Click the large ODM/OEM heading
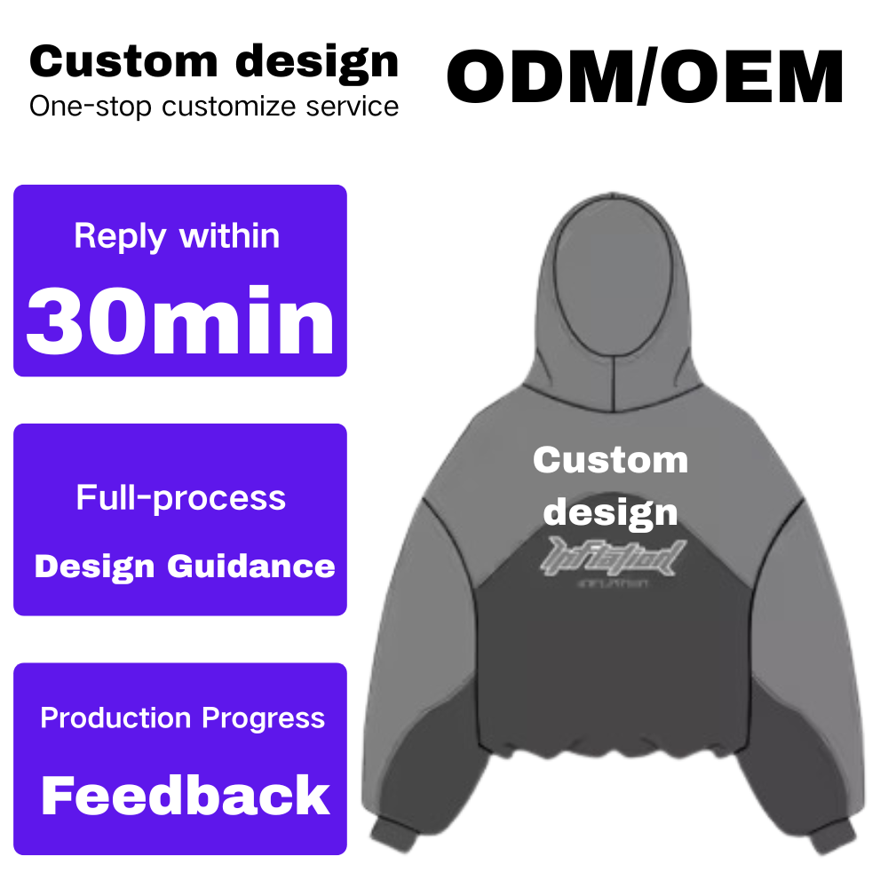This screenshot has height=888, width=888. tap(645, 77)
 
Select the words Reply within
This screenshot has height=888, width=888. tap(177, 236)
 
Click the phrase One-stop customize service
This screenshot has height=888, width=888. tap(214, 107)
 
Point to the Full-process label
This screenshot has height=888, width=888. tap(181, 497)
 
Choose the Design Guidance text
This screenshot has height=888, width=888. tap(185, 567)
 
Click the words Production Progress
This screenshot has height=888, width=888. tap(183, 718)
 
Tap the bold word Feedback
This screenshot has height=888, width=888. tap(186, 795)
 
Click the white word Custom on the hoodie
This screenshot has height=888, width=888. tap(611, 460)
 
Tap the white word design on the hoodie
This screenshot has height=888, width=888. tap(611, 511)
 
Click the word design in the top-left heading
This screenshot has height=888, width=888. tap(317, 61)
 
